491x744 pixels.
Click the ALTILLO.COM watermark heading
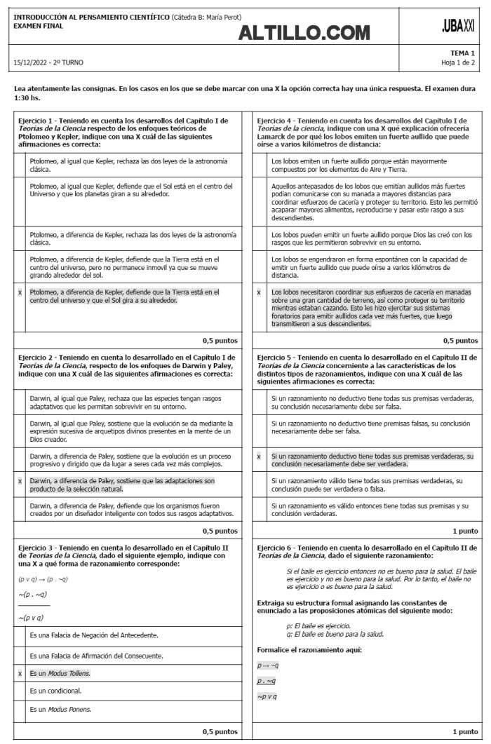click(x=304, y=32)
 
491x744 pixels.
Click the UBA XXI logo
click(x=458, y=26)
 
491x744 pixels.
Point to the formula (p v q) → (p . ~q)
click(x=43, y=579)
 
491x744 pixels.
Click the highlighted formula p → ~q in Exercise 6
click(x=268, y=665)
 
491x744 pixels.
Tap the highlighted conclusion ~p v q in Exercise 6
click(x=267, y=696)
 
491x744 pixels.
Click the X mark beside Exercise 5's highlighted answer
click(x=259, y=456)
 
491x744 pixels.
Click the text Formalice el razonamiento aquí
click(x=309, y=650)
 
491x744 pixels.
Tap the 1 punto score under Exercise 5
click(x=465, y=531)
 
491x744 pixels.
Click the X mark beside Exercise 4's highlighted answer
click(x=259, y=292)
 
